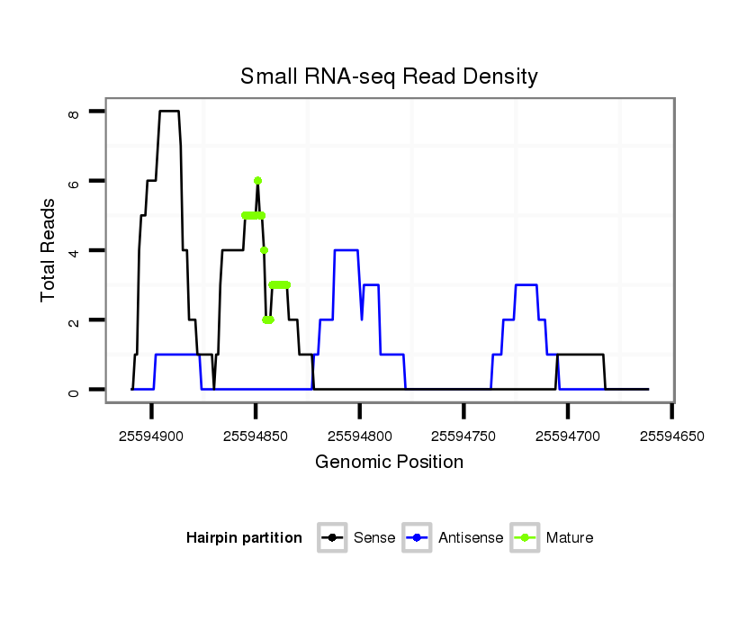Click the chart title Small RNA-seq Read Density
click(x=389, y=76)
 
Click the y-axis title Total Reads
click(x=49, y=250)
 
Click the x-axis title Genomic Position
click(x=389, y=463)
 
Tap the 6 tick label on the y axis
click(x=74, y=181)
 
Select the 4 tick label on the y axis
click(x=74, y=250)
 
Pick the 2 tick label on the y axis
click(x=74, y=320)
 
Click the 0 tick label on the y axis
click(x=74, y=390)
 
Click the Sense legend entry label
click(x=374, y=538)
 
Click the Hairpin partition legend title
click(x=244, y=538)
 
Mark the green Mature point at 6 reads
click(x=257, y=181)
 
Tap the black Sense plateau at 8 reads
click(x=169, y=111)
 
